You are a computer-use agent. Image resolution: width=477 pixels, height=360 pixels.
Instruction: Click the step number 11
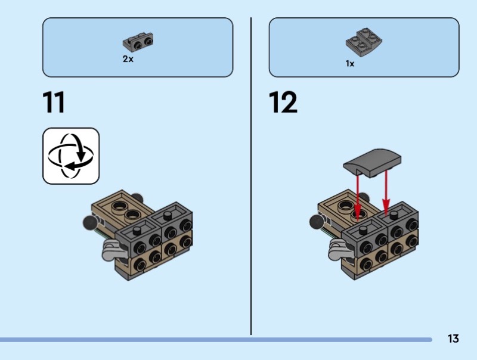click(x=54, y=102)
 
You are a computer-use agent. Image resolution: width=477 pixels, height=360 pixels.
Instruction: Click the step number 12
click(x=283, y=102)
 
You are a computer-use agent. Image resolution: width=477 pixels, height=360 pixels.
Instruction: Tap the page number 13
click(x=453, y=339)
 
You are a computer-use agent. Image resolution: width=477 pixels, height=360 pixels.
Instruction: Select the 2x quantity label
click(x=128, y=59)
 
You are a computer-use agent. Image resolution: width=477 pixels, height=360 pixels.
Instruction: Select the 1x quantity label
click(x=350, y=64)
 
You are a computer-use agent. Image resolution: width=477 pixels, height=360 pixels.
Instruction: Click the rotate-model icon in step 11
click(x=71, y=156)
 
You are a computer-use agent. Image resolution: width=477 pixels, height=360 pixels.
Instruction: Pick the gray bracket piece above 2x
click(x=138, y=42)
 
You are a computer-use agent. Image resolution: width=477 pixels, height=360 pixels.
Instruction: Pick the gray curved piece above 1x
click(x=364, y=42)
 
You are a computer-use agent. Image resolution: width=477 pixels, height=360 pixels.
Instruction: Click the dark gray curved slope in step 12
click(x=372, y=163)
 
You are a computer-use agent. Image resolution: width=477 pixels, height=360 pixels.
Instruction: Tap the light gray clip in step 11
click(x=110, y=250)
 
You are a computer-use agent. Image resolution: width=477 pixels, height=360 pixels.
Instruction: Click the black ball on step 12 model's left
click(x=317, y=222)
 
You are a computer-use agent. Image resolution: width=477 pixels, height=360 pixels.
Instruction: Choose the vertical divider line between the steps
click(x=251, y=176)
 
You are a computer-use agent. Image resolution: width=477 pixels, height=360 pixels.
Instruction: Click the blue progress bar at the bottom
click(x=216, y=340)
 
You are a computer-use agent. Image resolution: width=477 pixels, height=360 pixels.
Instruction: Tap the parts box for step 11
click(x=138, y=47)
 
